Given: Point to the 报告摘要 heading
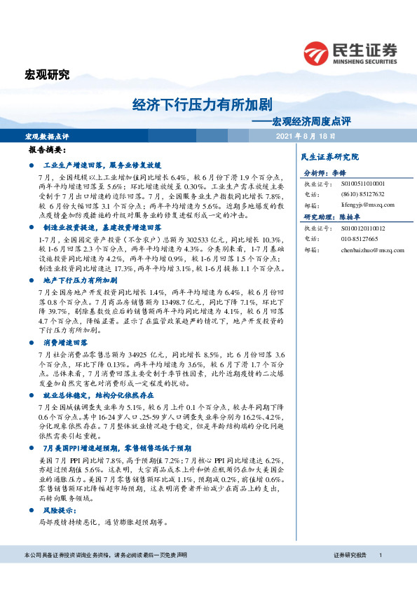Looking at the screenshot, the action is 48,151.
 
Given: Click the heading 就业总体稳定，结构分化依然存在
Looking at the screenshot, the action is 97,395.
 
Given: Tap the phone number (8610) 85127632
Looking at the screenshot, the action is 362,194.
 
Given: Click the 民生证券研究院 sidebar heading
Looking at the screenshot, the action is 329,157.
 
